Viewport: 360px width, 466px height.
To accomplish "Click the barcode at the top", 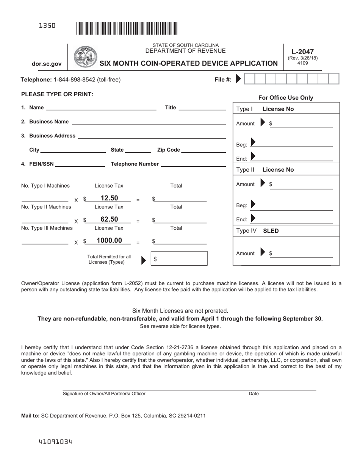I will pos(127,28).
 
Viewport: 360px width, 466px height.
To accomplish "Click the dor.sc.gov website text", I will pos(47,64).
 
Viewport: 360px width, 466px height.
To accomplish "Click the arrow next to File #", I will pos(238,79).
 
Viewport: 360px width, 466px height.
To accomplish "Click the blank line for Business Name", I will pos(149,122).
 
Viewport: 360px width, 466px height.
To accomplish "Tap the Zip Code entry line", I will pos(203,150).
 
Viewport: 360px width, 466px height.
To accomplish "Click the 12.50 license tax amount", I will pos(109,198).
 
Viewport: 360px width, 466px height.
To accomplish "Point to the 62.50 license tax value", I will pos(109,219).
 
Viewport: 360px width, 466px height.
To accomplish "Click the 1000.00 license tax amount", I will pos(109,241).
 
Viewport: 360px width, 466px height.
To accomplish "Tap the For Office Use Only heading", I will pos(286,98).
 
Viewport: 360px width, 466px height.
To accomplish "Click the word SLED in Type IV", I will pos(271,231).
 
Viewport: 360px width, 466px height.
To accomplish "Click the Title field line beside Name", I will pos(202,108).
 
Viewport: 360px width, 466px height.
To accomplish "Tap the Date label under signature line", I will pos(254,394).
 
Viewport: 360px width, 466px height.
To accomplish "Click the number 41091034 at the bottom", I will pos(55,442).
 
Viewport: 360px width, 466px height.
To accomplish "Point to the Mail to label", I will pos(30,416).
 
